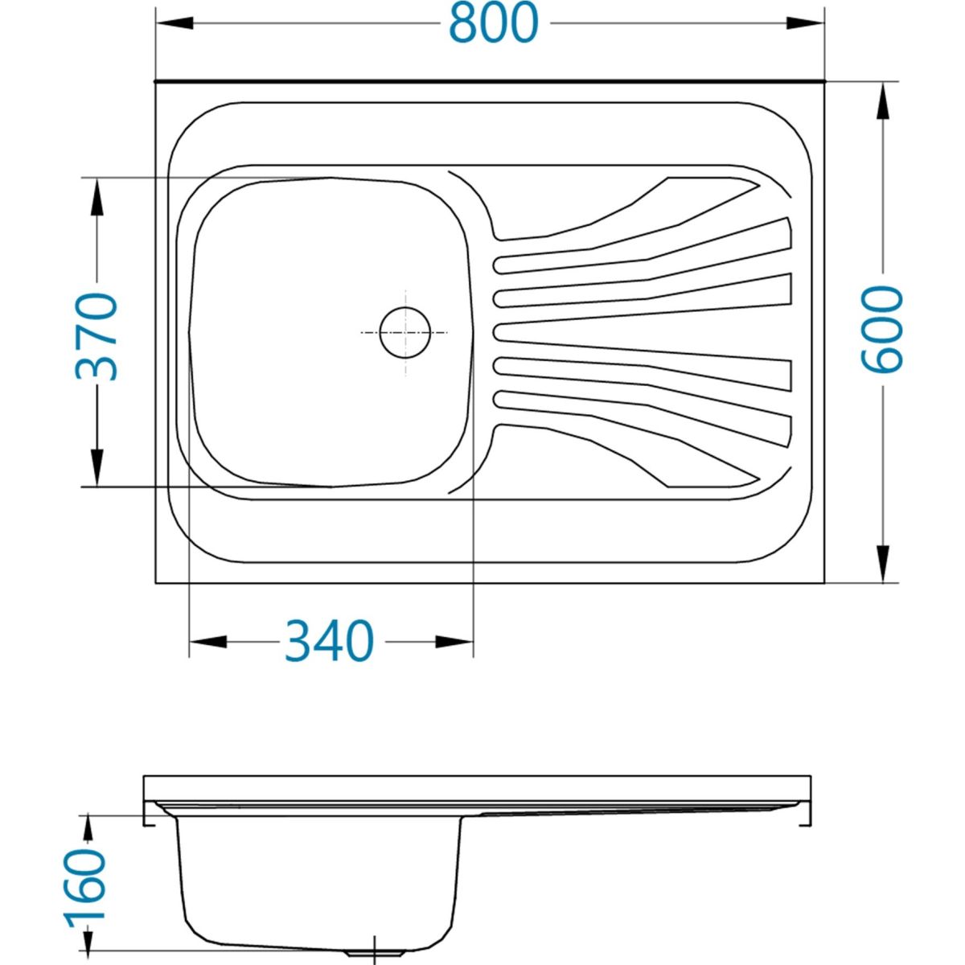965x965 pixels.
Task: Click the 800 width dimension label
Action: [493, 23]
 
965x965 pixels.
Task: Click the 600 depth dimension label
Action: [882, 330]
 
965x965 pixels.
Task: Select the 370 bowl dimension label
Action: [96, 336]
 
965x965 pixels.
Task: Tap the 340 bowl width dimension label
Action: [330, 642]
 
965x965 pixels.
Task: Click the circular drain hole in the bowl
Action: [404, 332]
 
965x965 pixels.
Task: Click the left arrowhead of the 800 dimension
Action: [175, 23]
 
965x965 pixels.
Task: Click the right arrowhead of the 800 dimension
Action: [805, 23]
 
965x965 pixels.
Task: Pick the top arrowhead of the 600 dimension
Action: [882, 101]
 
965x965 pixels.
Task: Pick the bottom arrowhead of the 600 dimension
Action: [882, 564]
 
